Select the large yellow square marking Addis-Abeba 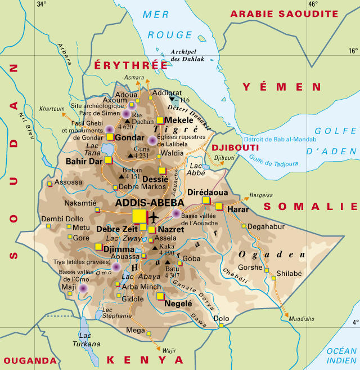138,216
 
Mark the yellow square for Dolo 222,326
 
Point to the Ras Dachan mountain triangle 127,121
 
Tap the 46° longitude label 313,5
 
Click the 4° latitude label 354,323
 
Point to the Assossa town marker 50,184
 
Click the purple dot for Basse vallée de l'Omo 83,288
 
